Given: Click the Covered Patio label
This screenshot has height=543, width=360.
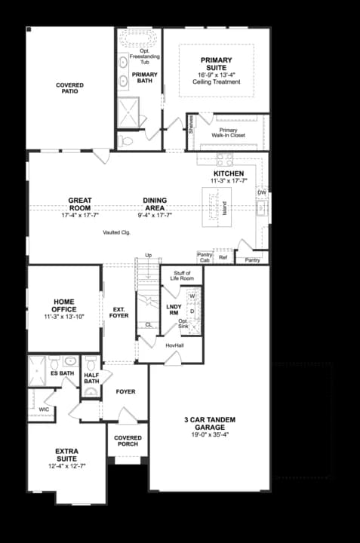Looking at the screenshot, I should click(69, 88).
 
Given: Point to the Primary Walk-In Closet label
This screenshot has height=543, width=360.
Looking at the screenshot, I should click(228, 133).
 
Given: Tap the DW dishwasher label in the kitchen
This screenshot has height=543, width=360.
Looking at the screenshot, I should click(261, 192).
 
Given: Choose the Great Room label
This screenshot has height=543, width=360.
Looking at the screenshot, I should click(80, 204).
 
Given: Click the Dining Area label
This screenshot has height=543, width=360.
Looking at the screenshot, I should click(155, 204).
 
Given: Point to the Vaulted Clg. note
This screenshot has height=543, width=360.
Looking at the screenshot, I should click(117, 233).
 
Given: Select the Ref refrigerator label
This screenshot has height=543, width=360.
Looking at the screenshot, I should click(223, 258).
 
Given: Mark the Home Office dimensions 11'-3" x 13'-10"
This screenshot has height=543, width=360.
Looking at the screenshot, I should click(64, 316).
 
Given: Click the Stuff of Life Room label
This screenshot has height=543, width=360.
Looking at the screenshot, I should click(182, 277).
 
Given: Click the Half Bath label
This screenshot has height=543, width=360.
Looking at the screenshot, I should click(92, 378).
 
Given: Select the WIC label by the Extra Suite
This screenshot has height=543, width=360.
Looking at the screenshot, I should click(44, 410).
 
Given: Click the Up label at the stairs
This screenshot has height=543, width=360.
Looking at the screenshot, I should click(148, 255).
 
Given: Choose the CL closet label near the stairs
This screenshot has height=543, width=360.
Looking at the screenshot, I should click(149, 324).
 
